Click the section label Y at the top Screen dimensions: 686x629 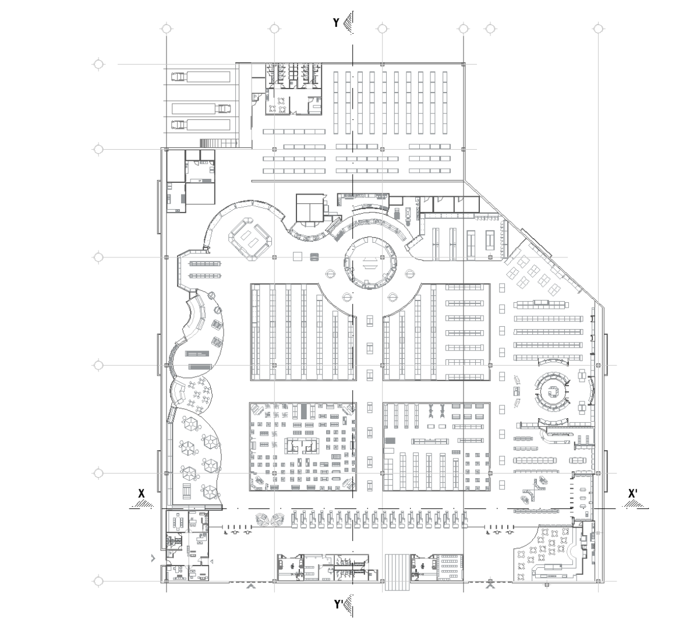pos(336,23)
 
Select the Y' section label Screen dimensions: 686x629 pos(338,605)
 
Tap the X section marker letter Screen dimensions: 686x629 pos(142,494)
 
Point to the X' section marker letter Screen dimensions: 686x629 pos(632,494)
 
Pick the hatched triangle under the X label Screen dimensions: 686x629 pos(143,504)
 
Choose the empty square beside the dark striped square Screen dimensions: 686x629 pos(298,257)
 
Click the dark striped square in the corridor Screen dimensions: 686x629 pos(314,257)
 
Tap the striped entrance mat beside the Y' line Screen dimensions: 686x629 pos(397,568)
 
